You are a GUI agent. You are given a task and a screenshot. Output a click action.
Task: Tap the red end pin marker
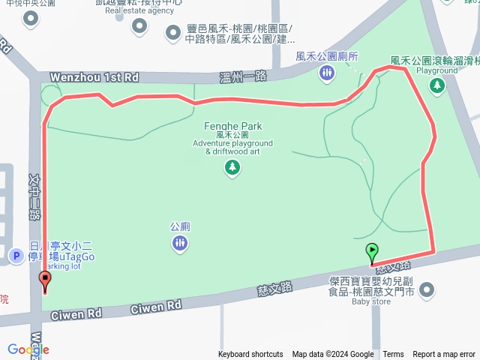(x=44, y=281)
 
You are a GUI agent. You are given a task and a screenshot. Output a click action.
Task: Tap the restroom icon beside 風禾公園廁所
(x=326, y=73)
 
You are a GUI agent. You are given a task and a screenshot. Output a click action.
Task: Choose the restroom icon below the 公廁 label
(x=179, y=243)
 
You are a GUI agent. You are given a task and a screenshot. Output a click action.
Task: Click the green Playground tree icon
(x=436, y=87)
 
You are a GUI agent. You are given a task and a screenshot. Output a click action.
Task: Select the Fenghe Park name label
(x=232, y=127)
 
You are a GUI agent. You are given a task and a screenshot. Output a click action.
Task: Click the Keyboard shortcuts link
(x=250, y=355)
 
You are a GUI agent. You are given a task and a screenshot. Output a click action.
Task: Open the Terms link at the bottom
(x=393, y=355)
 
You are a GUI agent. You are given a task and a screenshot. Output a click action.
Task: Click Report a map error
(x=444, y=355)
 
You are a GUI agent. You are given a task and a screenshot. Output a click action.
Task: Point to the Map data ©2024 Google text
(x=333, y=355)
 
